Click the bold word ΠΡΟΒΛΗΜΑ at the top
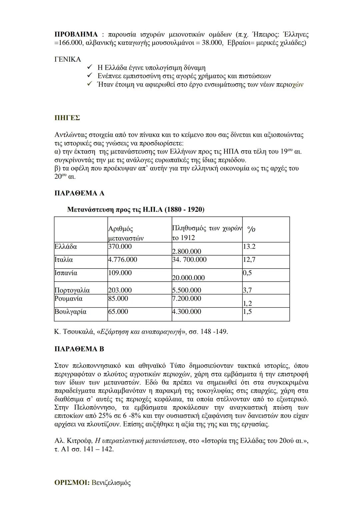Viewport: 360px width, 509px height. (76, 34)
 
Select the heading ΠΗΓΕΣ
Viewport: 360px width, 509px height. (67, 118)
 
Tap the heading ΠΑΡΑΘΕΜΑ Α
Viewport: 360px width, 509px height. (79, 193)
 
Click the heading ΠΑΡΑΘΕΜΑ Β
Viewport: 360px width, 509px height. (79, 349)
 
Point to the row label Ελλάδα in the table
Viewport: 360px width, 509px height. (66, 247)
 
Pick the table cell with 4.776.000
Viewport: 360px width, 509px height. (122, 260)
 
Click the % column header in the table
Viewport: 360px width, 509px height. (251, 229)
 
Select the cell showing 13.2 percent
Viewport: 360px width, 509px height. (249, 247)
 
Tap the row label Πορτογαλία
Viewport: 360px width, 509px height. (72, 290)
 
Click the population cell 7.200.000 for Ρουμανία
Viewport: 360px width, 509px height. (187, 299)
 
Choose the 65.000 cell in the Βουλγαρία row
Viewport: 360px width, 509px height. (118, 312)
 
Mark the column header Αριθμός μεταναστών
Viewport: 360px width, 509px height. (126, 233)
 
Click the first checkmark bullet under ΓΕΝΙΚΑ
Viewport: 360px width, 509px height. (89, 68)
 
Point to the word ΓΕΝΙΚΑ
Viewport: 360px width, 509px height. (68, 59)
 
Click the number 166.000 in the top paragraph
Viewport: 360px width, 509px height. (70, 43)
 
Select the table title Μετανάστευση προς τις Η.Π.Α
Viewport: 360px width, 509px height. (136, 210)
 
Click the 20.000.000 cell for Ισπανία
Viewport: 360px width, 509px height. (188, 278)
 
